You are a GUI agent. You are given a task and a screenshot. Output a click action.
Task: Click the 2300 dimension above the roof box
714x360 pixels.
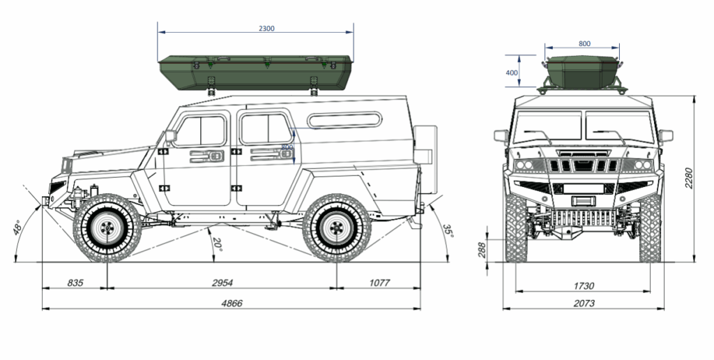pyautogui.click(x=266, y=29)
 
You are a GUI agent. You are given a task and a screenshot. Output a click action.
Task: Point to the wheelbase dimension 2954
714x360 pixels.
pyautogui.click(x=222, y=282)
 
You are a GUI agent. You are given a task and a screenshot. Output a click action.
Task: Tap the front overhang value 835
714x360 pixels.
pyautogui.click(x=75, y=282)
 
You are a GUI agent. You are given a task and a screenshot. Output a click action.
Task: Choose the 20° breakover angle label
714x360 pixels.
pyautogui.click(x=216, y=245)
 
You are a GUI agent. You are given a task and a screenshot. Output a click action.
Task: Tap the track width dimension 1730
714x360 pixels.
pyautogui.click(x=583, y=285)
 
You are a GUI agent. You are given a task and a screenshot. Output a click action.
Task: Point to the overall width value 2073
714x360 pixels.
pyautogui.click(x=583, y=303)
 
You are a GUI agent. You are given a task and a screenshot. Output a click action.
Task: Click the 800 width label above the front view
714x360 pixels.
pyautogui.click(x=584, y=43)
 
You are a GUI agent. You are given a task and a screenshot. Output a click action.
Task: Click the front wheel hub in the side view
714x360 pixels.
pyautogui.click(x=107, y=227)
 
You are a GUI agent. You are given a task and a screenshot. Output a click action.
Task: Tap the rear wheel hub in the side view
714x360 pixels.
pyautogui.click(x=337, y=227)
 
